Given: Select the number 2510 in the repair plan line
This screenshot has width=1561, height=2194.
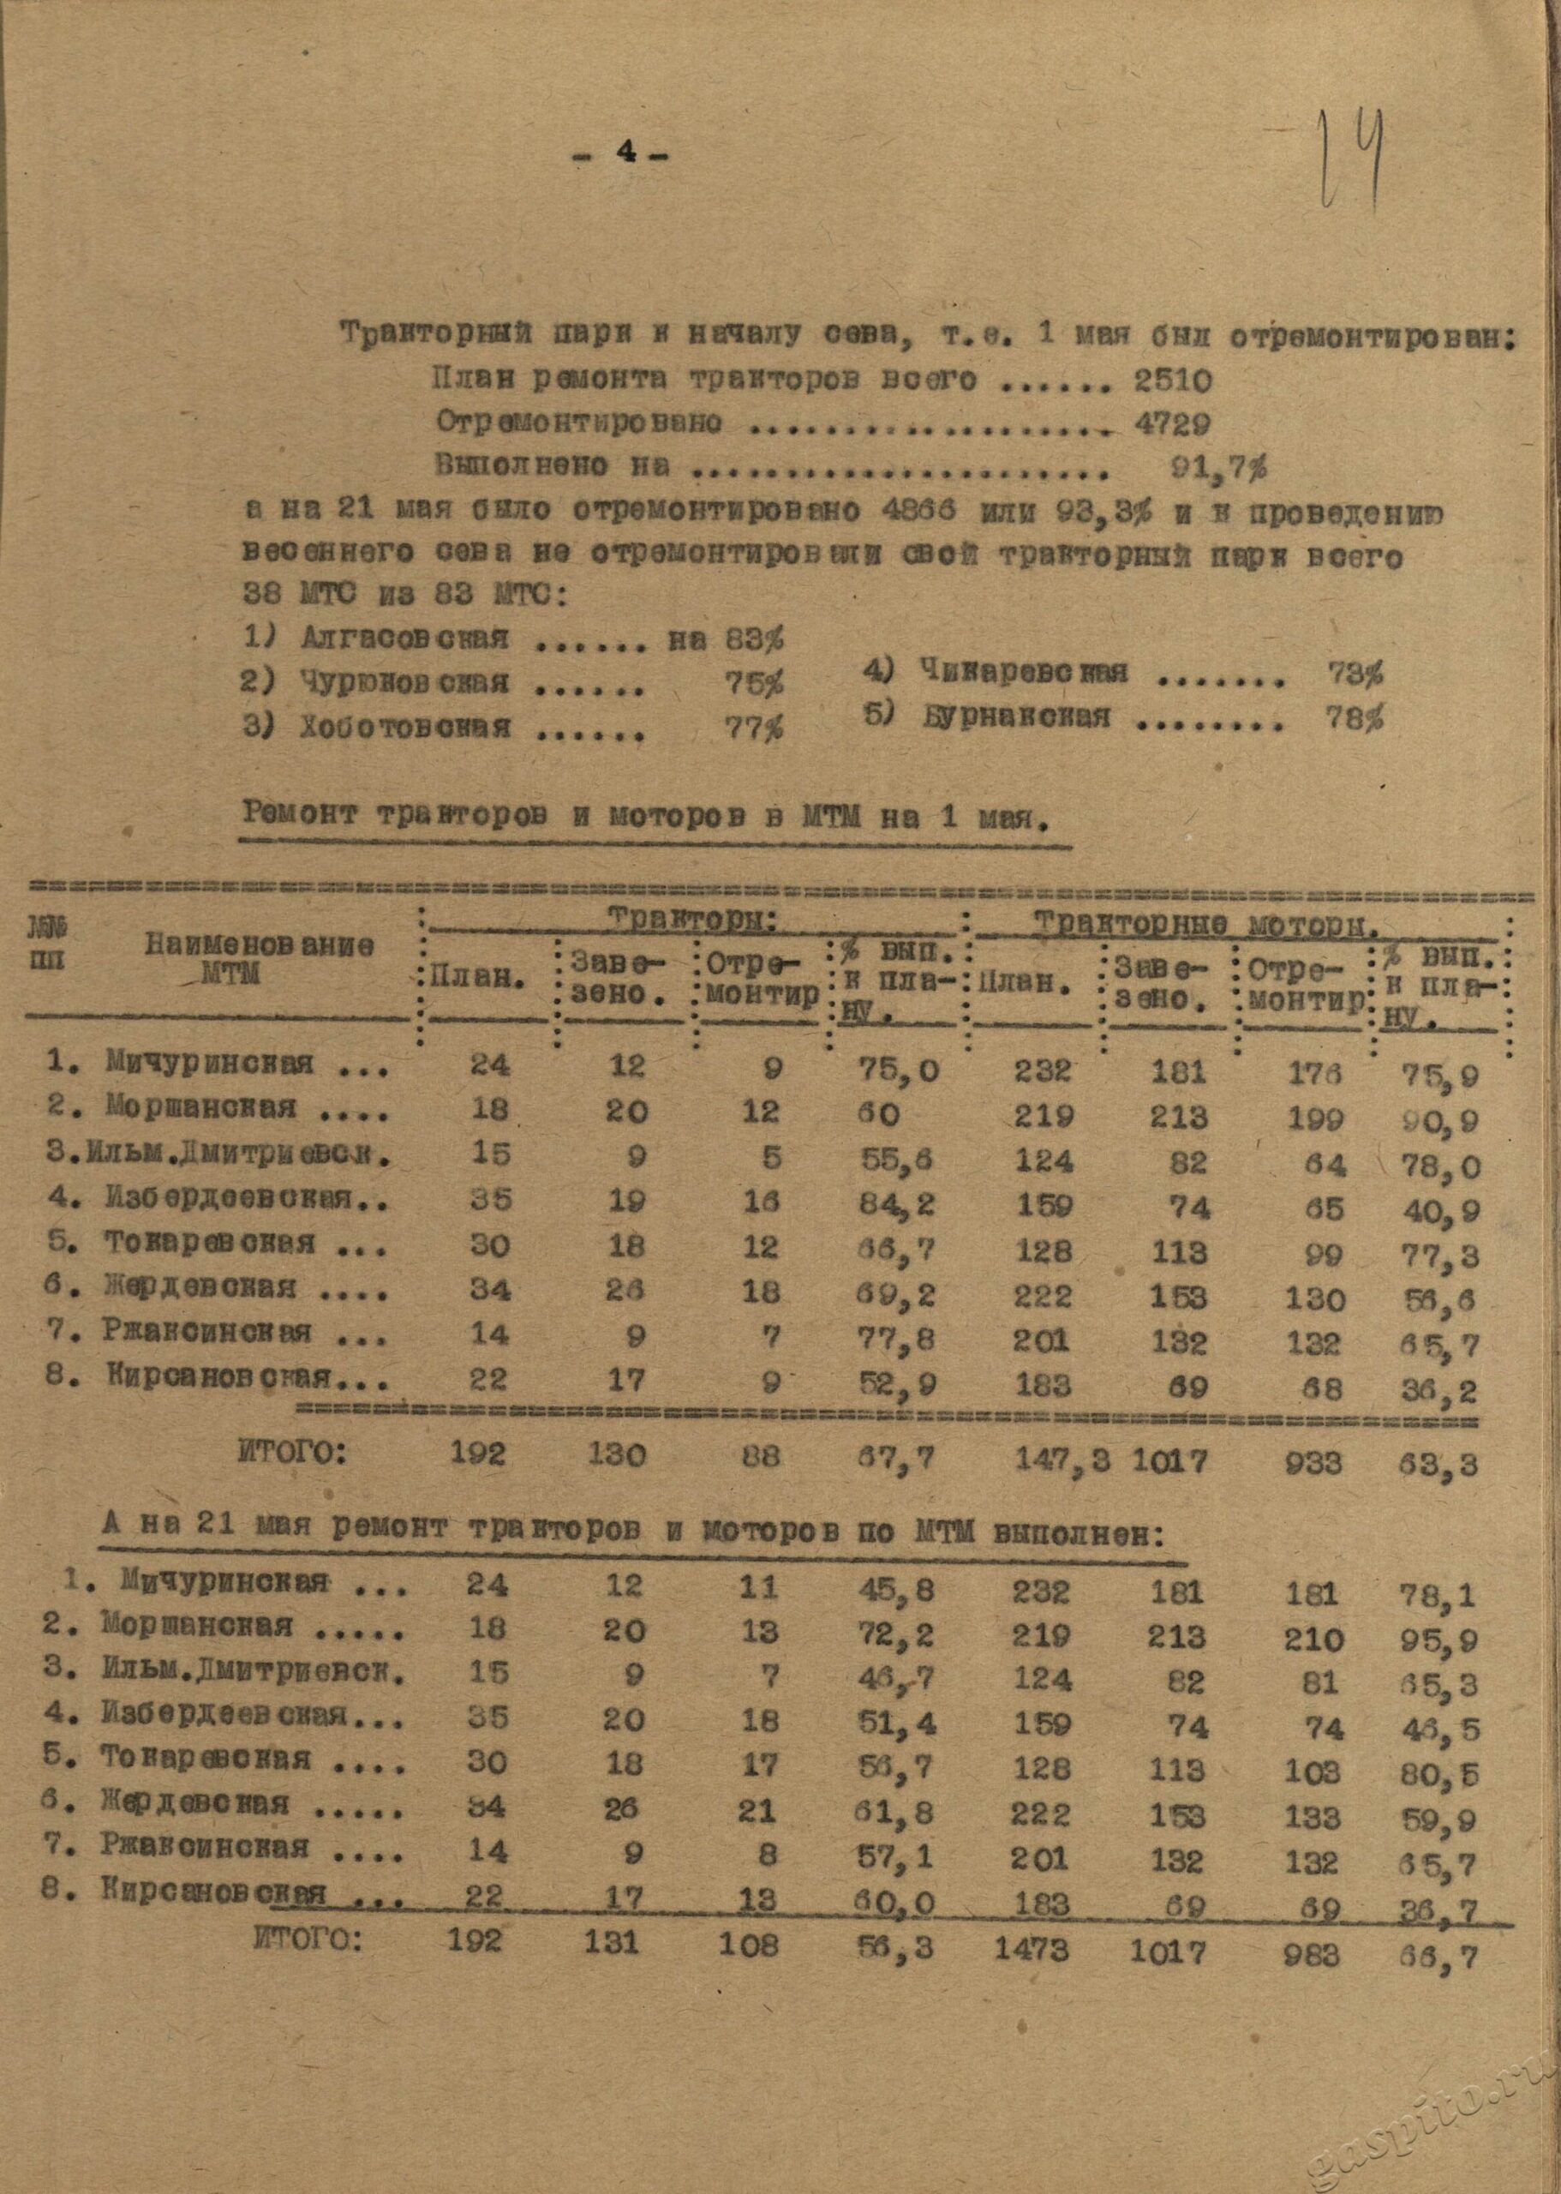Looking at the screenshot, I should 1172,381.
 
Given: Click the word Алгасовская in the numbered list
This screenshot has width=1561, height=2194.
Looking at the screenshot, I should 404,638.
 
